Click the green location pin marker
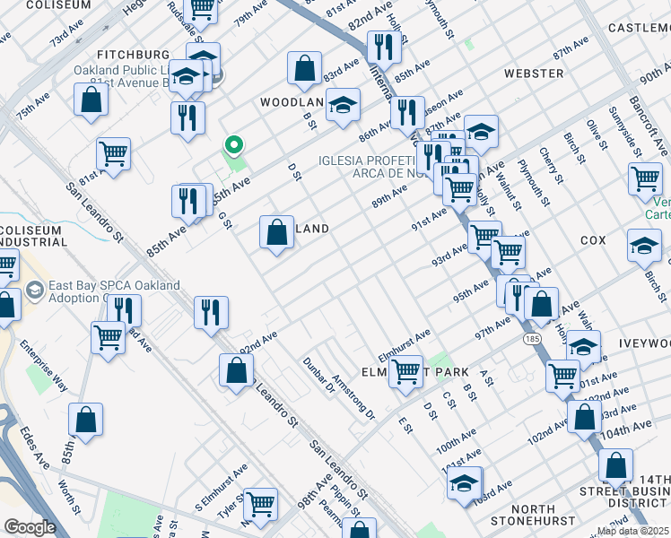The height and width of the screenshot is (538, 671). pos(234,145)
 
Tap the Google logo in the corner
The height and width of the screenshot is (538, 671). pos(30,528)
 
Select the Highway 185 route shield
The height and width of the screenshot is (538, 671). pos(531,339)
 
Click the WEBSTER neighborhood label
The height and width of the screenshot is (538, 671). pos(534,72)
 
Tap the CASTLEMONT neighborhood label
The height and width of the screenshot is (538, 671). pos(639,29)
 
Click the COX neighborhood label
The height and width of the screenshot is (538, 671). pos(593,240)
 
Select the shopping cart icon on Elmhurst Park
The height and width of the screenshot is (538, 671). pos(406,370)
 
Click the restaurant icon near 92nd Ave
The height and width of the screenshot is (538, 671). pos(211,312)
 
